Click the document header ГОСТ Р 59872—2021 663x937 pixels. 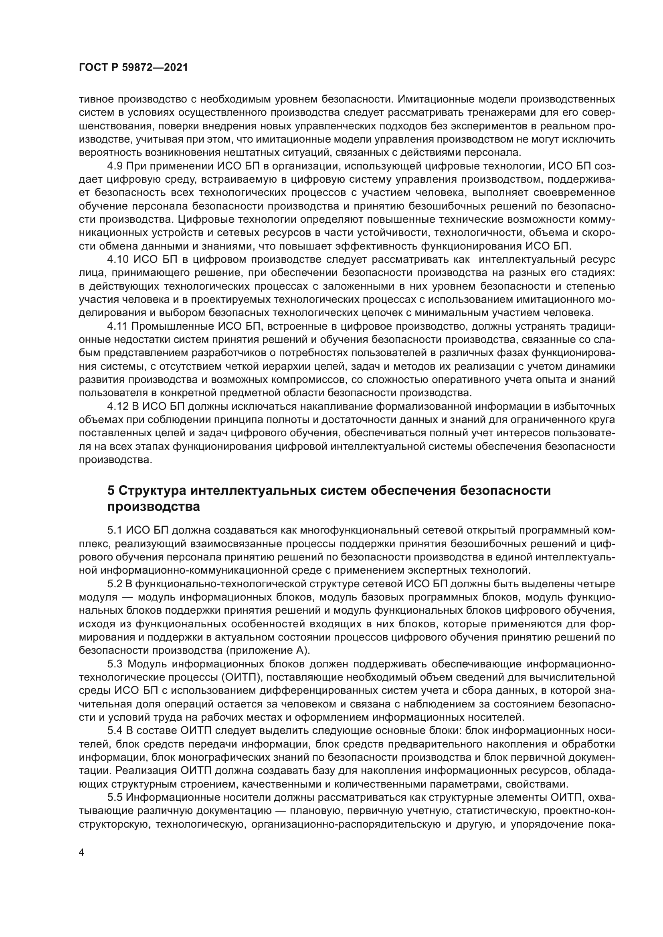pyautogui.click(x=133, y=68)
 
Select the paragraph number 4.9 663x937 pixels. pyautogui.click(x=115, y=166)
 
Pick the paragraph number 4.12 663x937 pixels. pyautogui.click(x=117, y=407)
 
